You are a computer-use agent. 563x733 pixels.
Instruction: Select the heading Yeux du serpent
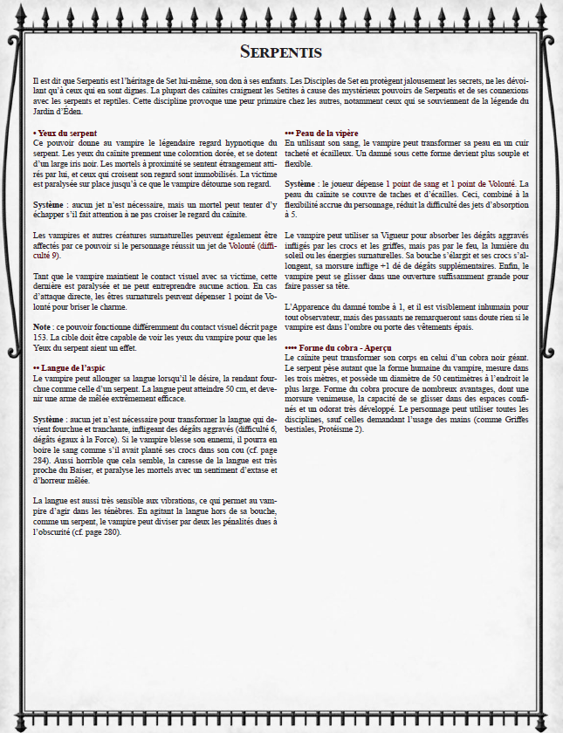coord(63,133)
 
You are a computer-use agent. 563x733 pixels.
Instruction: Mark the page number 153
coord(41,335)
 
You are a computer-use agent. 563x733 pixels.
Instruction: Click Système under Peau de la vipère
coord(300,184)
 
